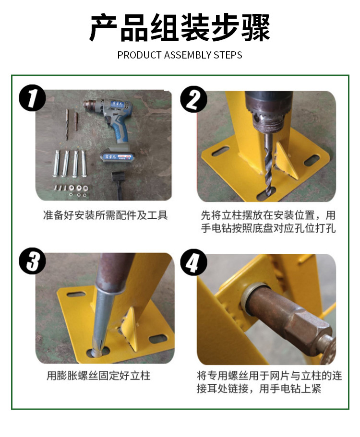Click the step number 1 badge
coord(32,98)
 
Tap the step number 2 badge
coord(193,99)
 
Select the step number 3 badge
coord(32,261)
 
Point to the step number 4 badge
coord(193,262)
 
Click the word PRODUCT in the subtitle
coord(139,55)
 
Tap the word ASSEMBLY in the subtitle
coord(187,55)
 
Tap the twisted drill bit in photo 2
coord(267,165)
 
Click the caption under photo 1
coord(106,215)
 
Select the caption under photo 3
coord(98,376)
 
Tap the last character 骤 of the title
coord(255,28)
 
